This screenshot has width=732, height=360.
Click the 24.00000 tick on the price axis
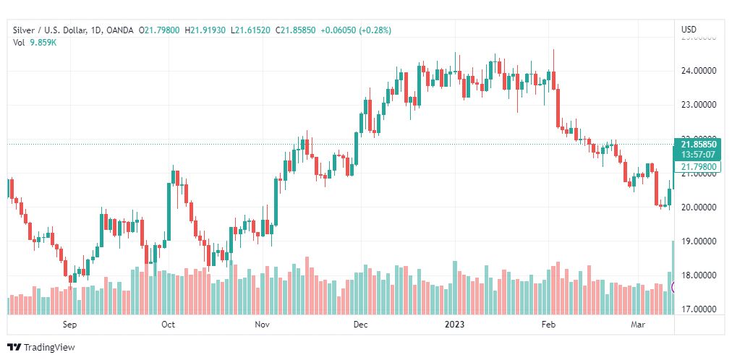tap(699, 71)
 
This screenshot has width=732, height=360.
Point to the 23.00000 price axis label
tap(699, 105)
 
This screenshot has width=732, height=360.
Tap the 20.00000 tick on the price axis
tap(699, 207)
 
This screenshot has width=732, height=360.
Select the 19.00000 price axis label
tap(699, 241)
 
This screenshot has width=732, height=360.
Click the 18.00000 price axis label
tap(699, 275)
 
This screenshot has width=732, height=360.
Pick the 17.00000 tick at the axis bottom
tap(699, 309)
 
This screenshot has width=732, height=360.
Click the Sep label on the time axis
tap(69, 325)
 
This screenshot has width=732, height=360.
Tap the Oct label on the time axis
tap(168, 325)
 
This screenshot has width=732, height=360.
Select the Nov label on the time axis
tap(263, 325)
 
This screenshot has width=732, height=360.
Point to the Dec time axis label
tap(360, 325)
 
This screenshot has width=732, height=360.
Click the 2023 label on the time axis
tap(456, 325)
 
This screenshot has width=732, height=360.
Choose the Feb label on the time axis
tap(548, 325)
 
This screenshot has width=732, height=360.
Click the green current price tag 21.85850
tap(698, 144)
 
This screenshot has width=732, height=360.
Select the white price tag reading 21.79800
tap(698, 167)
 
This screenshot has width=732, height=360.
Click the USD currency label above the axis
tap(689, 29)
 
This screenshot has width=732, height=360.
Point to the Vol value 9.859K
tap(43, 43)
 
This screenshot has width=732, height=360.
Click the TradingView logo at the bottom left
tap(41, 347)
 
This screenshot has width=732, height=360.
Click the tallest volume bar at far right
tap(673, 278)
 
